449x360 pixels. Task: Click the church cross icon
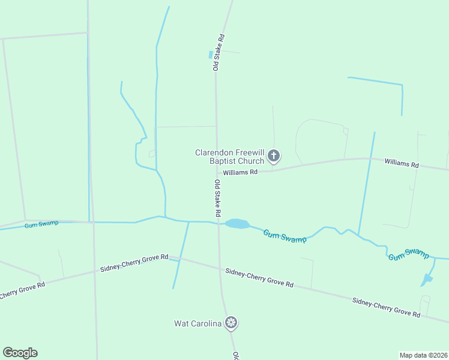tap(273, 157)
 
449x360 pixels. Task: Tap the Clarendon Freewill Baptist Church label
tap(230, 157)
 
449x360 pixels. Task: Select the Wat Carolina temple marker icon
tap(231, 323)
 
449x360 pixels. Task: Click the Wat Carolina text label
tap(198, 323)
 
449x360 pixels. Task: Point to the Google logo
tap(20, 353)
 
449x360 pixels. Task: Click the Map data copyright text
tap(423, 355)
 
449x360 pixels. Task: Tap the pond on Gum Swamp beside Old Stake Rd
tap(237, 224)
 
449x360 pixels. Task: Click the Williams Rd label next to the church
tap(240, 172)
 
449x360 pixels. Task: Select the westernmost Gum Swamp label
tap(41, 224)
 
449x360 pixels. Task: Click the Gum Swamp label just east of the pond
tap(285, 236)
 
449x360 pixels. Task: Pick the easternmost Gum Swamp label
tap(409, 254)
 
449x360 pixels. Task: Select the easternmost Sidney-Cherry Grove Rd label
tap(385, 307)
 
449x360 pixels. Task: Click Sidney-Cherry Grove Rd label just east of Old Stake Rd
tap(259, 278)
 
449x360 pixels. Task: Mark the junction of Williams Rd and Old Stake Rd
tap(217, 173)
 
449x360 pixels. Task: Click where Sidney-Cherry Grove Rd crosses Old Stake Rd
tap(219, 269)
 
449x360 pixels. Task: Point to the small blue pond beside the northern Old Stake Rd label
tap(211, 55)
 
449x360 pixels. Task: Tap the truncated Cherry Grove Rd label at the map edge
tap(22, 291)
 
